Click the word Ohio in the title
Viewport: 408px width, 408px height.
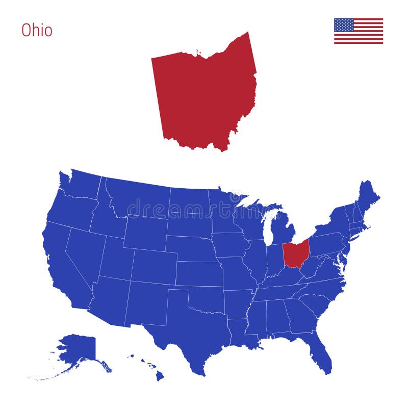[x=37, y=30]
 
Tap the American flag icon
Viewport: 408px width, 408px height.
[x=358, y=31]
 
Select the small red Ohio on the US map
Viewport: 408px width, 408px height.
[x=295, y=253]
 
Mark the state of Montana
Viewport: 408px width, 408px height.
[x=138, y=199]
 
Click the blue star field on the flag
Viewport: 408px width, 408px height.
[x=344, y=25]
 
